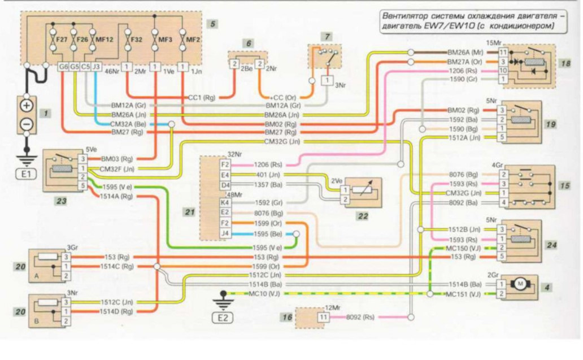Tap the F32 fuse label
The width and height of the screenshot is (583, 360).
(136, 40)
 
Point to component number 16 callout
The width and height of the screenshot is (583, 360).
(287, 319)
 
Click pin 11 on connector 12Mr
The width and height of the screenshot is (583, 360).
(323, 318)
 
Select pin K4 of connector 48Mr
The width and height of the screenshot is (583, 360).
(225, 202)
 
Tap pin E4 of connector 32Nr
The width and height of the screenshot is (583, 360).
(225, 175)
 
